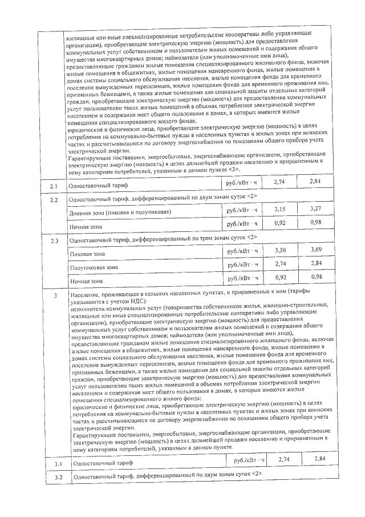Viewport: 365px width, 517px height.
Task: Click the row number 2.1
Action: pos(54,186)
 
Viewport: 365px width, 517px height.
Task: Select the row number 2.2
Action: pos(54,200)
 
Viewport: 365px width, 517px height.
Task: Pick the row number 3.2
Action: pos(54,476)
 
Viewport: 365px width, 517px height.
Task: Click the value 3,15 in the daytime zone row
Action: pos(279,210)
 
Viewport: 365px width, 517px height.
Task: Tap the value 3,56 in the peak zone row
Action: pos(279,250)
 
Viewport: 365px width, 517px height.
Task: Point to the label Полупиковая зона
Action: pos(94,267)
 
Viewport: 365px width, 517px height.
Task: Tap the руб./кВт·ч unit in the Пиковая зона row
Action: pos(242,251)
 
